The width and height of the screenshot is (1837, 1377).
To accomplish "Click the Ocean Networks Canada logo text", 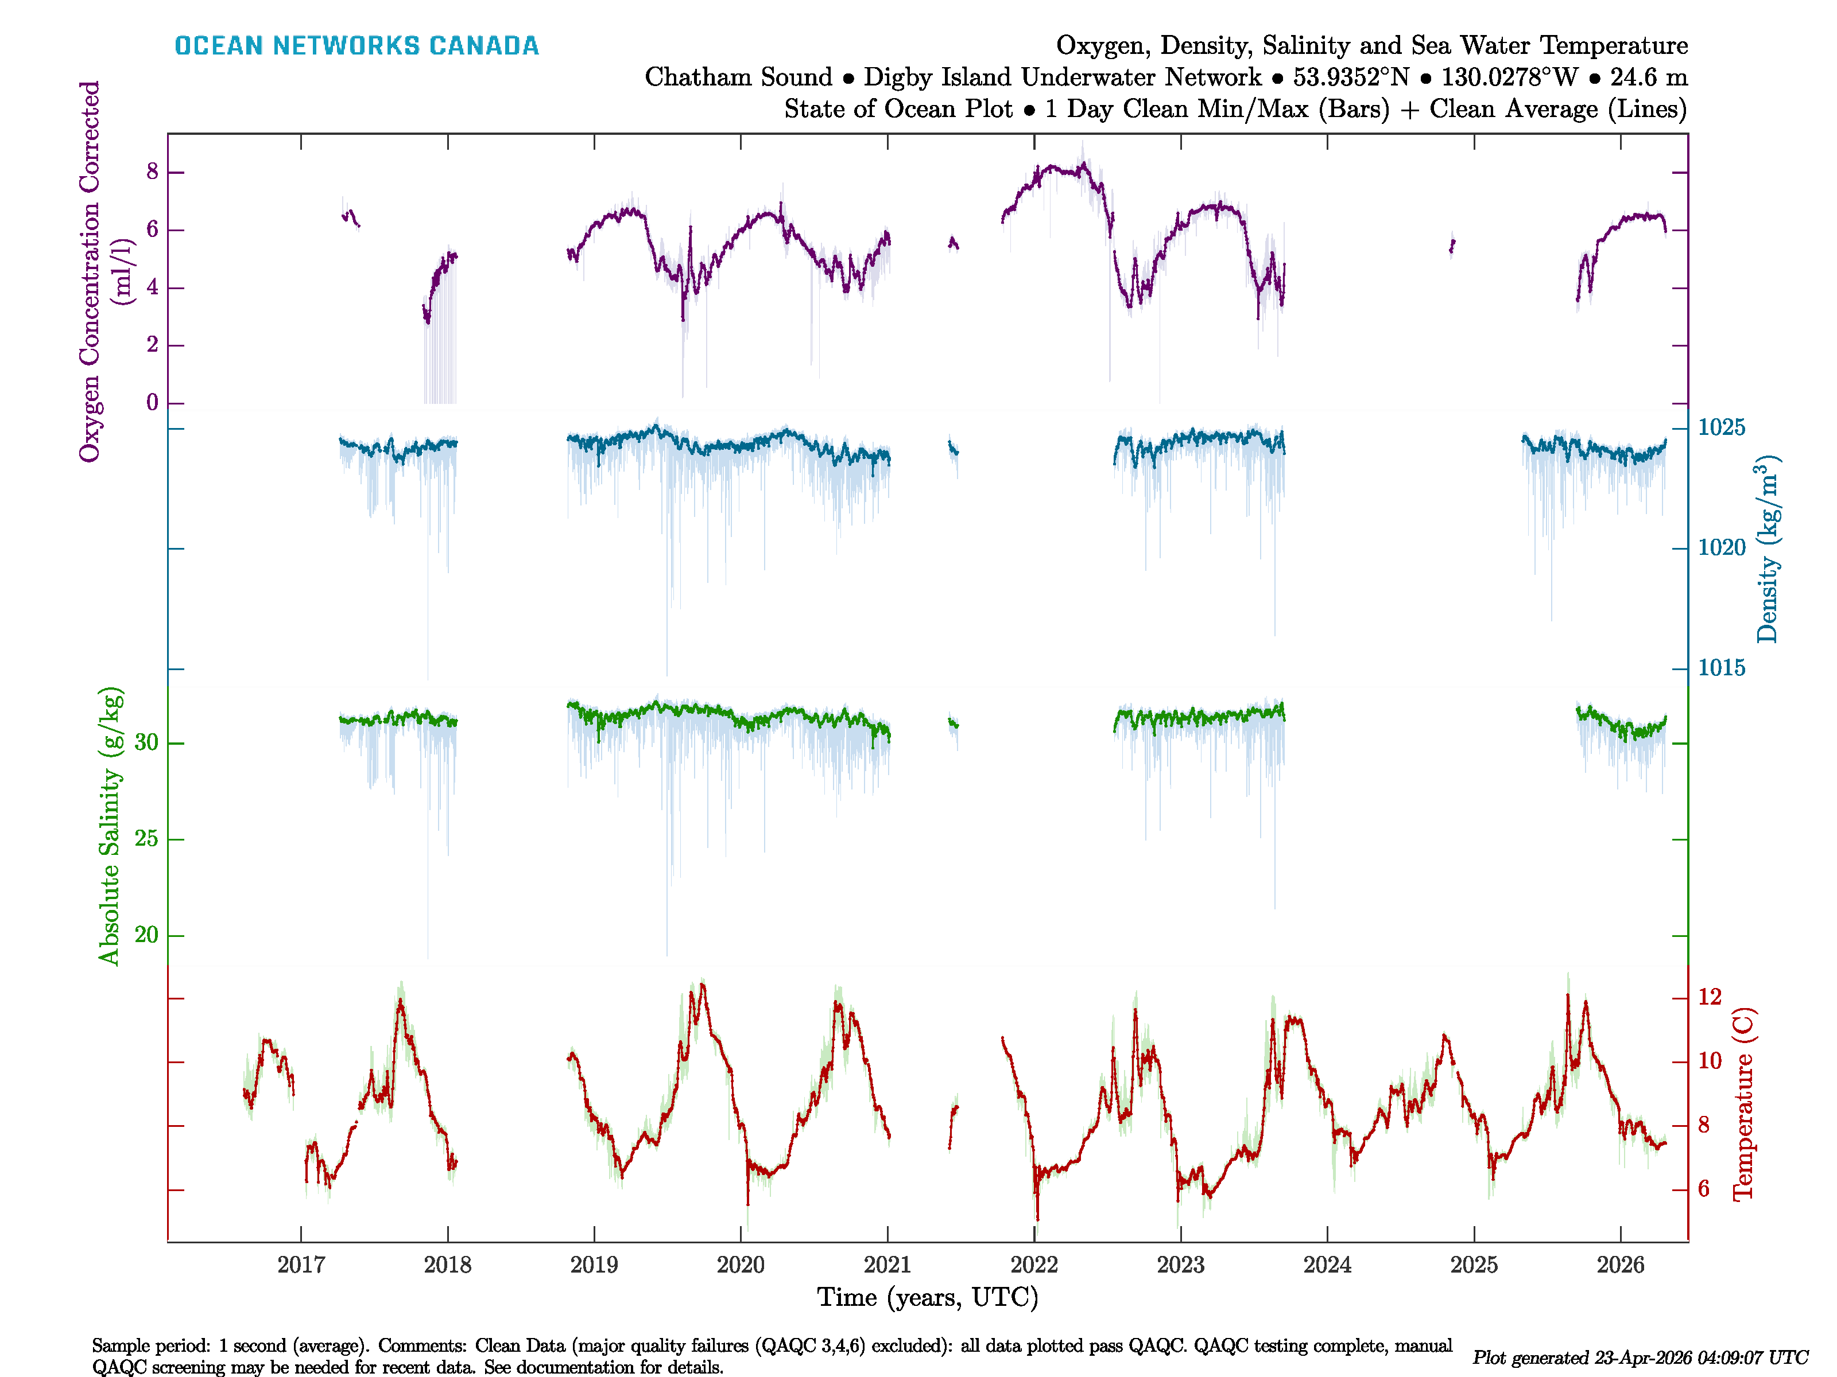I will [x=356, y=46].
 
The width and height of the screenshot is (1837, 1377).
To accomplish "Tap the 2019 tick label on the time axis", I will [x=594, y=1265].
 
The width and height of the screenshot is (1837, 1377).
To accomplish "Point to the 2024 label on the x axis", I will [x=1327, y=1265].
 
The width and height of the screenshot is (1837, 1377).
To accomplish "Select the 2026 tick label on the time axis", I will [x=1620, y=1265].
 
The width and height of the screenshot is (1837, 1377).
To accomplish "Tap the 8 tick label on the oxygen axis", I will [x=152, y=172].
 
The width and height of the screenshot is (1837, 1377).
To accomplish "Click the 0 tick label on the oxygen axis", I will [x=152, y=403].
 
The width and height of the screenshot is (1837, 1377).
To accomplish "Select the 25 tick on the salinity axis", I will [x=146, y=839].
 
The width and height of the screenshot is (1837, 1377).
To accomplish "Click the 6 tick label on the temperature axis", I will [x=1703, y=1189].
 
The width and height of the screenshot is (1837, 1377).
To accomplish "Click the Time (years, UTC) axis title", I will [x=928, y=1297].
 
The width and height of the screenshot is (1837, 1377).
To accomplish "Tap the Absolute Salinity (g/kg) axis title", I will [x=110, y=826].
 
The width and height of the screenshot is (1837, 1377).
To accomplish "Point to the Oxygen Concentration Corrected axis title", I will [x=90, y=271].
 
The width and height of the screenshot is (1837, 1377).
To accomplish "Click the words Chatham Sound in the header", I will [x=738, y=77].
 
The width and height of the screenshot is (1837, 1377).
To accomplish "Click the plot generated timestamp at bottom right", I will [x=1640, y=1358].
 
